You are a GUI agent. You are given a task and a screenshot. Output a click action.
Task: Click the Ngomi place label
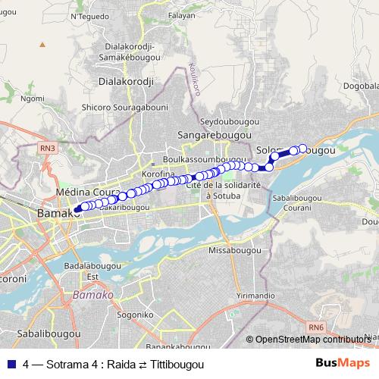pos(33,98)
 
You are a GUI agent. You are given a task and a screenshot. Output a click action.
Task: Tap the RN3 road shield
pos(48,149)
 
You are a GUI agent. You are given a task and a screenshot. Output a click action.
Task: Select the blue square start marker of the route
pos(77,208)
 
